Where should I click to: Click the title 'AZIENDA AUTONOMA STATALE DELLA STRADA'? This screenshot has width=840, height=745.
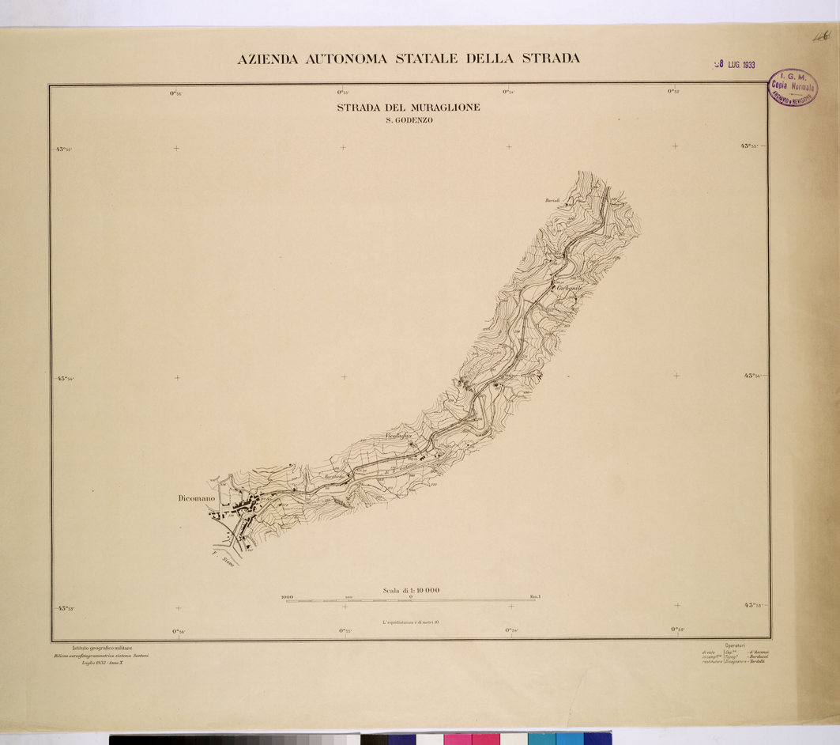coord(409,59)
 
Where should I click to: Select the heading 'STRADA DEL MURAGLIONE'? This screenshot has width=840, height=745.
coord(408,108)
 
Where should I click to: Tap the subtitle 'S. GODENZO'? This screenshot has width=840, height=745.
coord(408,120)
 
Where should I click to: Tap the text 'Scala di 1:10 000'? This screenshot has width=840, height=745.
coord(411,590)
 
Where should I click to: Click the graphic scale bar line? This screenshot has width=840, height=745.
coord(410,601)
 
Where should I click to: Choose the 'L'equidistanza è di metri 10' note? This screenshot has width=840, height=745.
coord(410,622)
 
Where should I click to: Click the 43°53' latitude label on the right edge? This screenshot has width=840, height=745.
coord(755,605)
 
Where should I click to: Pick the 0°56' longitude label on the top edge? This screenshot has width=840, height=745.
coord(175,93)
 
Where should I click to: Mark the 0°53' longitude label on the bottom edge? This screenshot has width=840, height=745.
coord(677,630)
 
